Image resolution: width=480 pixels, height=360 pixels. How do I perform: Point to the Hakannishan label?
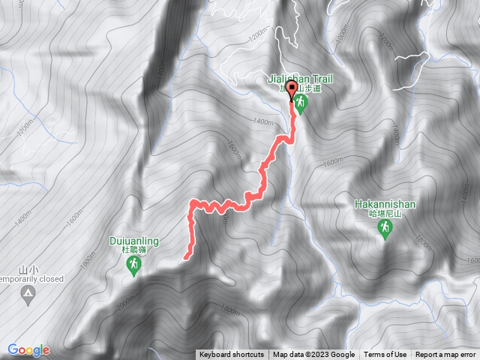(385, 203)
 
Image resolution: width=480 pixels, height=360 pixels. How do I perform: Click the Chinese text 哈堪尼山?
(385, 214)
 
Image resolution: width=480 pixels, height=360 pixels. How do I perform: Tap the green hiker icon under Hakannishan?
(385, 229)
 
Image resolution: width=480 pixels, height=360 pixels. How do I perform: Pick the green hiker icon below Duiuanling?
(132, 265)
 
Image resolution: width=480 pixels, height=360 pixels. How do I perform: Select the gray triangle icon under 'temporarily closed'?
(28, 293)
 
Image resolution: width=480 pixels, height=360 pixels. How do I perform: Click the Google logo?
(28, 349)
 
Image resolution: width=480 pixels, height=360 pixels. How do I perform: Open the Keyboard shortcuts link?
(231, 355)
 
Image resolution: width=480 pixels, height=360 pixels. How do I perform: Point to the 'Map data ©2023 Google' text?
(313, 355)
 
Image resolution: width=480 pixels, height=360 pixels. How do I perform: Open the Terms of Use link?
(385, 355)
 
